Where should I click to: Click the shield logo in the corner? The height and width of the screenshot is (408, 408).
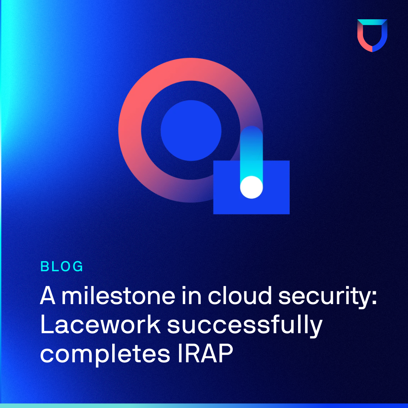tap(372, 36)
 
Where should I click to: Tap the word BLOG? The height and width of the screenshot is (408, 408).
tap(62, 266)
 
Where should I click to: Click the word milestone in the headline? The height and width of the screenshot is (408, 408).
tap(118, 295)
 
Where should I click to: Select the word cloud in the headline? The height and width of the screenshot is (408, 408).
tap(240, 295)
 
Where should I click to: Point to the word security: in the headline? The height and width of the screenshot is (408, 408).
tap(327, 297)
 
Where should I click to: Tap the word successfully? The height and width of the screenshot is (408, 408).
tap(244, 326)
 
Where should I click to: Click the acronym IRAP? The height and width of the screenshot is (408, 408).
tap(206, 353)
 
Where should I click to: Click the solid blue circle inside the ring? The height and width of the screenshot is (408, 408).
tap(191, 130)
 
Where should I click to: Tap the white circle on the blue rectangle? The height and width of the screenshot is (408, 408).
tap(251, 187)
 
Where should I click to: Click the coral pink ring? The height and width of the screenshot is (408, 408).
tap(130, 130)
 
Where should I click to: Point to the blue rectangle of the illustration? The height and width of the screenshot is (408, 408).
tap(276, 203)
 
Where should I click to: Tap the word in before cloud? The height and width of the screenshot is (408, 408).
tap(192, 295)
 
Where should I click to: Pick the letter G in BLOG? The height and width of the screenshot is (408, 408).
tap(77, 266)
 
